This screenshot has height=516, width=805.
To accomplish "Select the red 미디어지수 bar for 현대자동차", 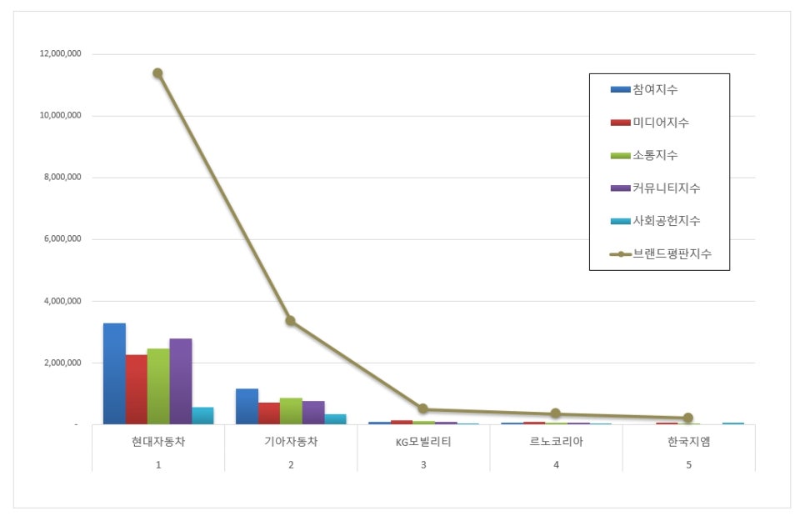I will [136, 389].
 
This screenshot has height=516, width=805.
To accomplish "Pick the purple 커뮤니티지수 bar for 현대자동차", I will [180, 381].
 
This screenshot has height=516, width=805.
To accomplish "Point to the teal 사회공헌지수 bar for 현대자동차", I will [202, 415].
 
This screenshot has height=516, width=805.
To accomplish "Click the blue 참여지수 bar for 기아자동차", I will [247, 406].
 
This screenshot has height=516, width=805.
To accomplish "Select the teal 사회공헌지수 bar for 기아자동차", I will [335, 419].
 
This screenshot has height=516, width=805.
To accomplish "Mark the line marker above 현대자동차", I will [157, 73].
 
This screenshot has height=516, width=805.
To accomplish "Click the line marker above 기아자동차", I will [290, 320].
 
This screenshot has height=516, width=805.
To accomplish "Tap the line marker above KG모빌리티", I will [423, 408].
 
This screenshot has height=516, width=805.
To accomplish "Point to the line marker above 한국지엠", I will [688, 418].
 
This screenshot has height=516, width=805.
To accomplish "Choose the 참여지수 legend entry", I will [654, 89].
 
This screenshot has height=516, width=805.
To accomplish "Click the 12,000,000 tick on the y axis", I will [60, 54].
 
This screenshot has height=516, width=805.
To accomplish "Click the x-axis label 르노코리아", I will [556, 442].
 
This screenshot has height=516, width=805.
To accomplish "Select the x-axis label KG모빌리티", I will [423, 442].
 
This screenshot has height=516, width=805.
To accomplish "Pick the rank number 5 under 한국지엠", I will [688, 464].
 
